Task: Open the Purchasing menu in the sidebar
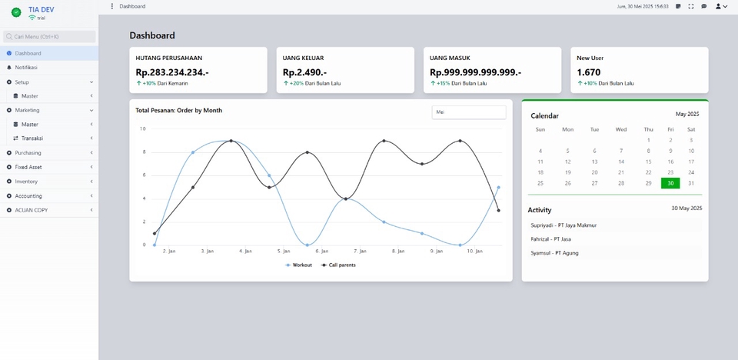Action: (x=28, y=153)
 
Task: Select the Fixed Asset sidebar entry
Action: (x=30, y=167)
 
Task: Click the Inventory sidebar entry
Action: (x=26, y=182)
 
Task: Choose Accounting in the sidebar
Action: (x=28, y=196)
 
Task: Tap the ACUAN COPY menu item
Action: (x=31, y=210)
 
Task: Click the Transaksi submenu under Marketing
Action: (x=32, y=138)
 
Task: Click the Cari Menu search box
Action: (x=49, y=36)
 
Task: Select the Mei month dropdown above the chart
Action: (x=468, y=112)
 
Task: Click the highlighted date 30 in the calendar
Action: (x=670, y=183)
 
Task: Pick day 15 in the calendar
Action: (x=648, y=162)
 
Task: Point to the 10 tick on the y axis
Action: (x=142, y=128)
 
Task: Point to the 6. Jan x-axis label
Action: (x=322, y=251)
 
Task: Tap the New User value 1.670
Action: (x=590, y=72)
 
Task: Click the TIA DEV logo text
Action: (x=41, y=9)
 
